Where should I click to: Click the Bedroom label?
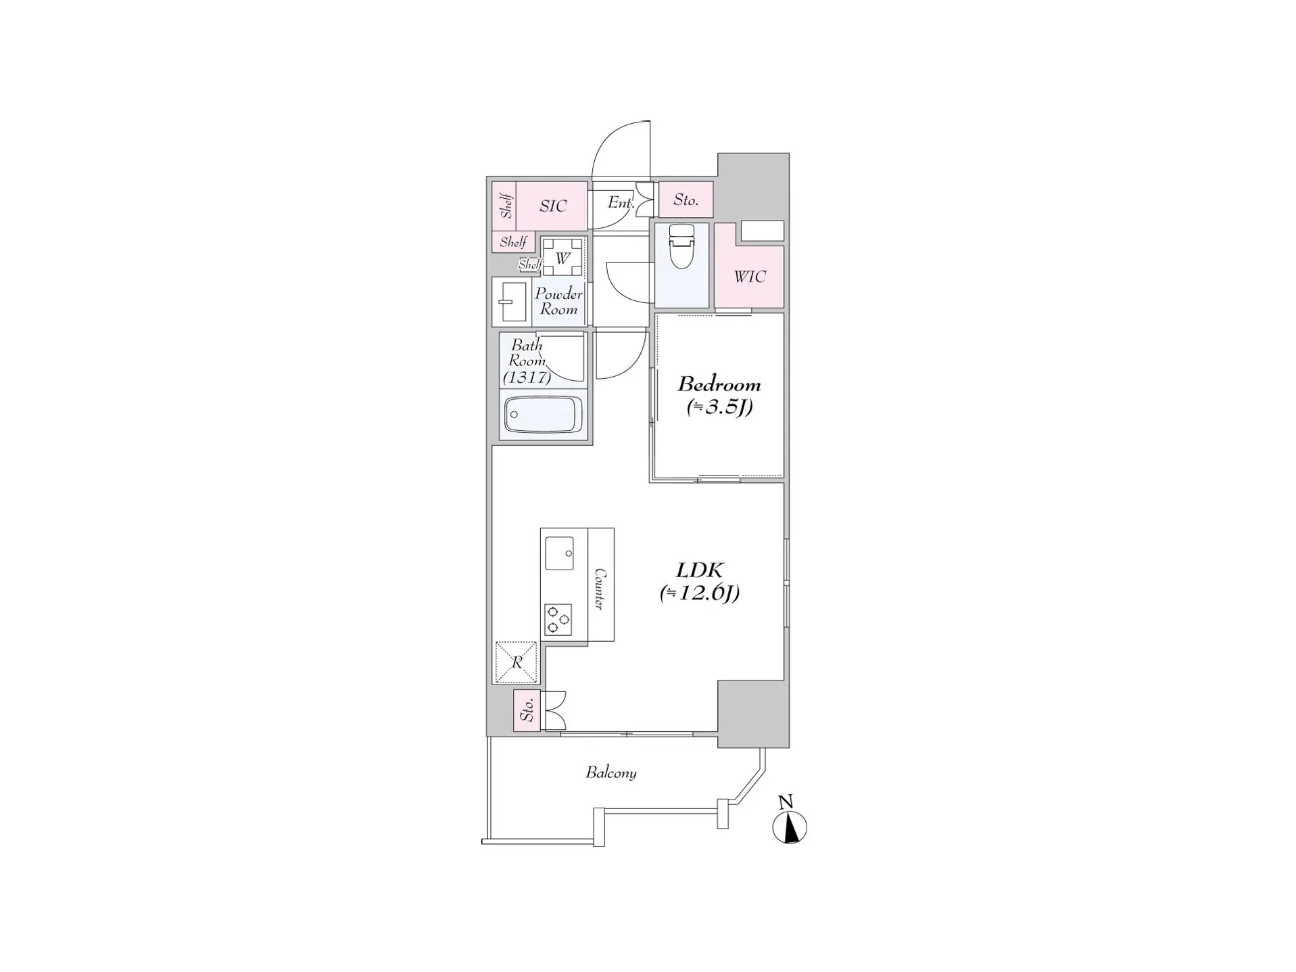(x=719, y=384)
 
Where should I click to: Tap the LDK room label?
(x=700, y=570)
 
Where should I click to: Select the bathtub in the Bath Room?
(x=543, y=414)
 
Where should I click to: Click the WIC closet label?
(x=749, y=277)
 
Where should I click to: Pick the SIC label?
(x=552, y=206)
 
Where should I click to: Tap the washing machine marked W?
(x=562, y=258)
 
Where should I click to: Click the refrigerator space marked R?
(x=517, y=662)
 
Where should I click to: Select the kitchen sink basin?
(x=559, y=553)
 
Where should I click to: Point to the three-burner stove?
(x=558, y=620)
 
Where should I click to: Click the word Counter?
(x=600, y=588)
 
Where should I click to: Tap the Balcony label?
(x=610, y=772)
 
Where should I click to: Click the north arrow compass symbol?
(x=789, y=827)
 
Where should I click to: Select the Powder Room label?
(x=558, y=302)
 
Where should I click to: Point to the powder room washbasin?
(x=512, y=302)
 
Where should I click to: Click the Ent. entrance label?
(x=620, y=202)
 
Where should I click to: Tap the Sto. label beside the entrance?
(x=685, y=200)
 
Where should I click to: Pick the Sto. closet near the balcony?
(x=527, y=710)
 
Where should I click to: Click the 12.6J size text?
(x=700, y=593)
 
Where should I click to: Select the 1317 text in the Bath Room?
(x=527, y=377)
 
